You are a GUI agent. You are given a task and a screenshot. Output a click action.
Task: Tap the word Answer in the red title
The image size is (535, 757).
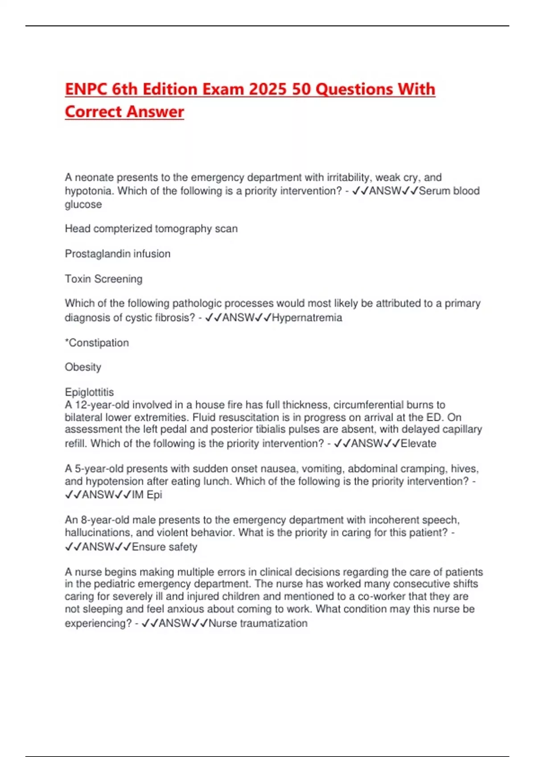[x=155, y=111]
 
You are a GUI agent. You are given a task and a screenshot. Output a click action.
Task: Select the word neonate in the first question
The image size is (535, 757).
[x=95, y=177]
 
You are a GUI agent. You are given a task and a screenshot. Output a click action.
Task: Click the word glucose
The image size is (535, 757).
[x=83, y=204]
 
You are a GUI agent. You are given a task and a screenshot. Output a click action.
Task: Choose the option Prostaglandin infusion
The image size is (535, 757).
[x=118, y=254]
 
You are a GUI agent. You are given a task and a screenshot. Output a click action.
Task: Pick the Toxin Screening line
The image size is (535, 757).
[x=103, y=279]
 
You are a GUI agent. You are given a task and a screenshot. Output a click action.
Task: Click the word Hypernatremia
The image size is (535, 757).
[x=307, y=317]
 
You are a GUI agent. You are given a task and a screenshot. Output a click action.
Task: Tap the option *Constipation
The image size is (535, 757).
[x=97, y=343]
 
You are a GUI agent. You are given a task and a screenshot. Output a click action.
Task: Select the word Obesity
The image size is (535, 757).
[x=83, y=367]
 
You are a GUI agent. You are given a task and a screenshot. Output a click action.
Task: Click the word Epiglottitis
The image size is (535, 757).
[x=89, y=392]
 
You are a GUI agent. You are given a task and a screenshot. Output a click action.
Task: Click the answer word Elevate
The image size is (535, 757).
[x=418, y=444]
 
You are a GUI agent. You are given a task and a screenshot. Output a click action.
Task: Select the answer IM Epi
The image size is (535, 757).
[x=147, y=495]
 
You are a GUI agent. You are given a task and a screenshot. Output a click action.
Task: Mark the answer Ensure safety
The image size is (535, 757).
[x=165, y=547]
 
